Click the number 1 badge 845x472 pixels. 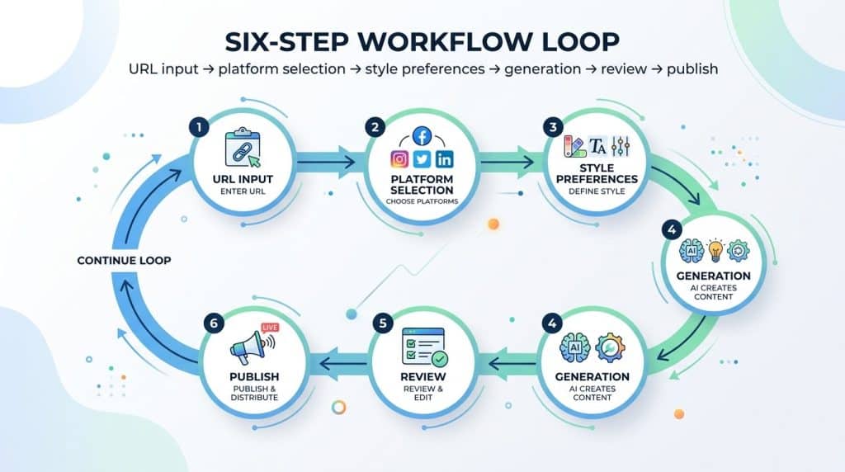197,128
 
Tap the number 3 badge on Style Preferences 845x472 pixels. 551,128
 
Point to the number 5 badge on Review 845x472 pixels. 381,323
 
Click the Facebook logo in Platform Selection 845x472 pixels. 422,137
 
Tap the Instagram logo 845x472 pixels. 400,159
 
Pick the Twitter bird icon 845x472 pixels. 422,159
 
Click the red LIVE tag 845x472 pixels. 270,329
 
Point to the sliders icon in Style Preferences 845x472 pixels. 621,147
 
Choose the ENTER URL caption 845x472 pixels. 246,191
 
